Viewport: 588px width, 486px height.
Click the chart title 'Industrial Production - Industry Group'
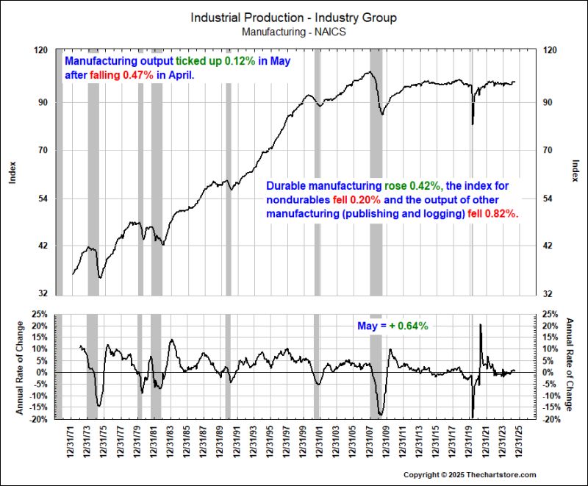(x=294, y=17)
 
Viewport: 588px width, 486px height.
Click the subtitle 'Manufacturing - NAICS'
(x=294, y=31)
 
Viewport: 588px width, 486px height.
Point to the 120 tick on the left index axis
(x=42, y=49)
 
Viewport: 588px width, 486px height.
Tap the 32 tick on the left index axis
(x=42, y=293)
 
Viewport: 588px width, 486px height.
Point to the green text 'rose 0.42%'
(x=411, y=186)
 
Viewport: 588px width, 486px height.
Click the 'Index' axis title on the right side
(x=573, y=172)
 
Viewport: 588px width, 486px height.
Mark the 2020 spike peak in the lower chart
(x=481, y=324)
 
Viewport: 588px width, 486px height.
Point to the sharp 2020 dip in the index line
(x=473, y=123)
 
